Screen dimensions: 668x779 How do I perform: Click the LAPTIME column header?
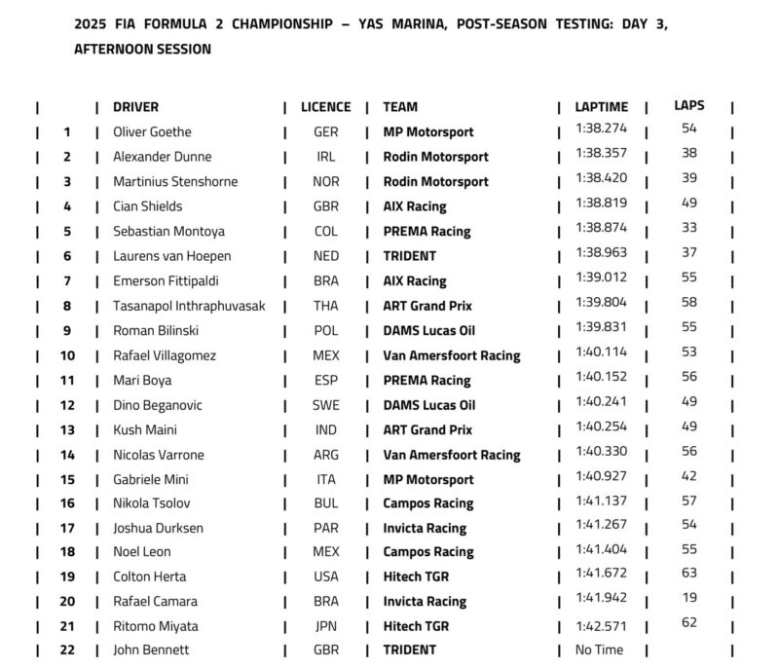coord(601,107)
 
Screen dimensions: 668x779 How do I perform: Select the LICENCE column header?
coord(325,107)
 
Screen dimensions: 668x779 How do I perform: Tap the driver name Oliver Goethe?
coord(152,132)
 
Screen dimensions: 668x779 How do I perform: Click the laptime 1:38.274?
coord(601,129)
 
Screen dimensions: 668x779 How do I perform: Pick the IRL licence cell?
coord(326,157)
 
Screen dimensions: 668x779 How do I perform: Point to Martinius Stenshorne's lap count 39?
coord(689,177)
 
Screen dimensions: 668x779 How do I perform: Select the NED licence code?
coord(326,256)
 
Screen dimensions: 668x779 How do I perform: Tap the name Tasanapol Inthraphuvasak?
coord(190,306)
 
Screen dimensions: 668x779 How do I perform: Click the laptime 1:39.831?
coord(601,326)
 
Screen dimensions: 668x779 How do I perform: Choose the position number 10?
coord(67,355)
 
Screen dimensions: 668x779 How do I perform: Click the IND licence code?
coord(326,429)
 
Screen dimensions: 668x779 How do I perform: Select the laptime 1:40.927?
coord(601,475)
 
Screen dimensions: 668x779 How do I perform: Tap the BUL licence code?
coord(326,503)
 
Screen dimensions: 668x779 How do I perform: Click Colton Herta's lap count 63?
coord(689,573)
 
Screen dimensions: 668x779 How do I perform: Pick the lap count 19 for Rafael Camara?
coord(689,598)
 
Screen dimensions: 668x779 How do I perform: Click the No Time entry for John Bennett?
coord(597,649)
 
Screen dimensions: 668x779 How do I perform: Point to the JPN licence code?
coord(326,626)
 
